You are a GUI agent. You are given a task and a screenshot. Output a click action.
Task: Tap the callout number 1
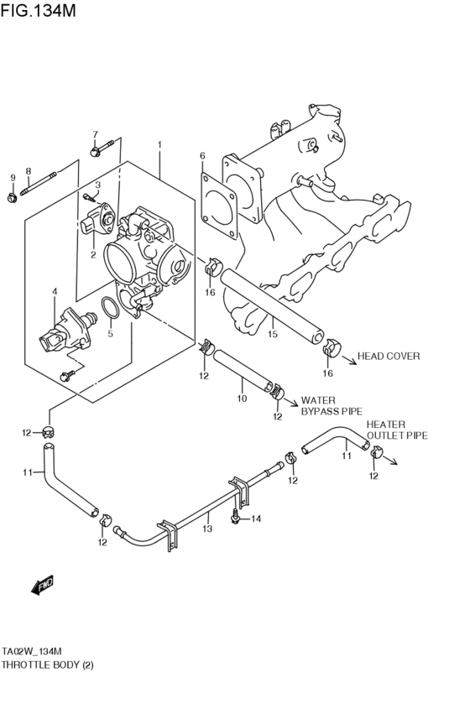[159, 146]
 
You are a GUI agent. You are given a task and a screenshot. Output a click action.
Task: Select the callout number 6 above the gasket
[202, 156]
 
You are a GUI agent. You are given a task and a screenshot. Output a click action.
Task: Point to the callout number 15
[272, 334]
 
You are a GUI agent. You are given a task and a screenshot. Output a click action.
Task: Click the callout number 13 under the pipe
[208, 529]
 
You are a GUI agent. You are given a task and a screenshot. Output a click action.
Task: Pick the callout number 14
[257, 519]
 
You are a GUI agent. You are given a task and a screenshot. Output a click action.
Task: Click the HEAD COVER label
[389, 356]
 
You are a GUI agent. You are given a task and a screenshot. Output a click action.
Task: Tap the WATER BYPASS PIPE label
[331, 406]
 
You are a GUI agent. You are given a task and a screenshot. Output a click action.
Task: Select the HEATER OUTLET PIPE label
[396, 430]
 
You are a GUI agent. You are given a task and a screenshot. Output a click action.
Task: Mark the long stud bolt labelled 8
[39, 186]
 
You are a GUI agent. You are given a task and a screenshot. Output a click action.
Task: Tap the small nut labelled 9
[12, 198]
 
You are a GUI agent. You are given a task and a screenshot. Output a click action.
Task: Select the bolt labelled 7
[95, 152]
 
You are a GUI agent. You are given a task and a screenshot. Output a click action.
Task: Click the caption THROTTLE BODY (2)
[47, 664]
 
